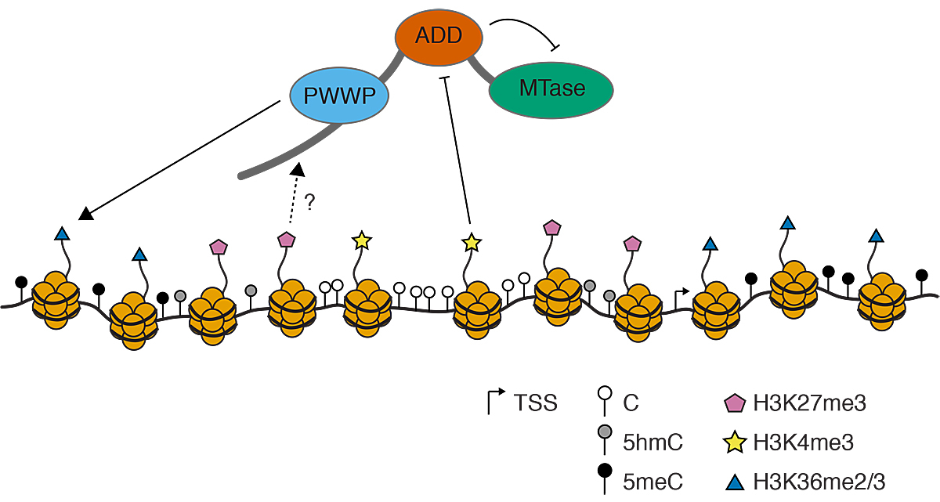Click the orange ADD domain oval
(x=439, y=35)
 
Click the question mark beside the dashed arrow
(x=309, y=203)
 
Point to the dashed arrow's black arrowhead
(x=297, y=169)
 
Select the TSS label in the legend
(x=536, y=403)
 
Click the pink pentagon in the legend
(x=733, y=403)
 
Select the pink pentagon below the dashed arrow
(x=286, y=238)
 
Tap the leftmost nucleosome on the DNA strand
(x=56, y=294)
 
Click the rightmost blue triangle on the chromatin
(x=877, y=237)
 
